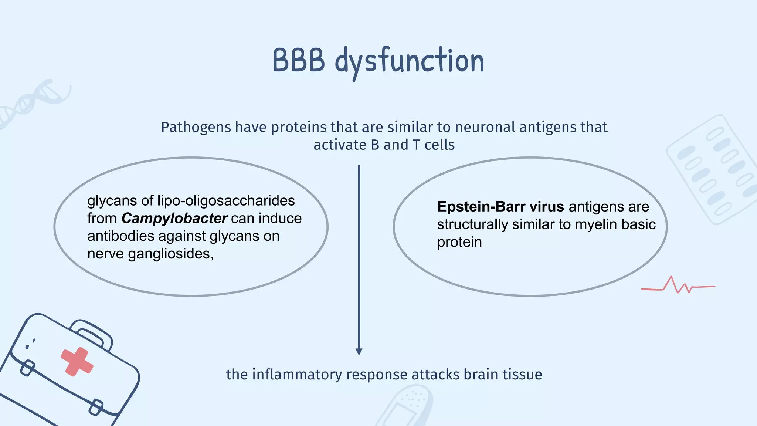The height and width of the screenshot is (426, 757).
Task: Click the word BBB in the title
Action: [299, 61]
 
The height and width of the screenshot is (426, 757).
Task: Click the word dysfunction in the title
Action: [410, 61]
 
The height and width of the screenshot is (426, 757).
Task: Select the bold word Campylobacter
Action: [174, 219]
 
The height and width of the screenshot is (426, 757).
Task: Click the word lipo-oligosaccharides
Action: [226, 200]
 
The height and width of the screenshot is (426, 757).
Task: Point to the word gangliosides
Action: [170, 254]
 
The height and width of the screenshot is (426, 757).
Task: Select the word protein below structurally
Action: [459, 242]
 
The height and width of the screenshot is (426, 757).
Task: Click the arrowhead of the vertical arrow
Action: [359, 351]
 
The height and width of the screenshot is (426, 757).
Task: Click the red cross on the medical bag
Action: [77, 362]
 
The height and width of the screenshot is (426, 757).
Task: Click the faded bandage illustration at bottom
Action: [407, 407]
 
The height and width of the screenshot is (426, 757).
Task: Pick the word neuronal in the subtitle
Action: [485, 127]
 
